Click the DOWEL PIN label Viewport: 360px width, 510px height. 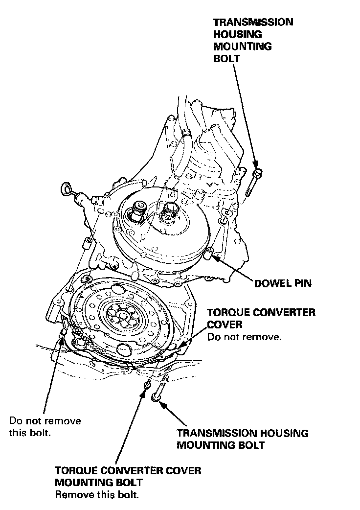pyautogui.click(x=282, y=283)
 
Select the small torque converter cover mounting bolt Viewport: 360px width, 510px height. pyautogui.click(x=145, y=385)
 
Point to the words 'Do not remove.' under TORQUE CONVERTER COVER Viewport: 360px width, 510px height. pyautogui.click(x=244, y=337)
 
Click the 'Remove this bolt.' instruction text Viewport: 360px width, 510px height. pyautogui.click(x=97, y=494)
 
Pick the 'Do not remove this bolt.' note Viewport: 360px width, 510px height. pyautogui.click(x=45, y=426)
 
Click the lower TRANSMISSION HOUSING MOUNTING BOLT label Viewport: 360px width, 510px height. pyautogui.click(x=243, y=439)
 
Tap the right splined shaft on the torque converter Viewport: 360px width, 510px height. pyautogui.click(x=172, y=212)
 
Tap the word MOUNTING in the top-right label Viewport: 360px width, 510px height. pyautogui.click(x=242, y=46)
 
